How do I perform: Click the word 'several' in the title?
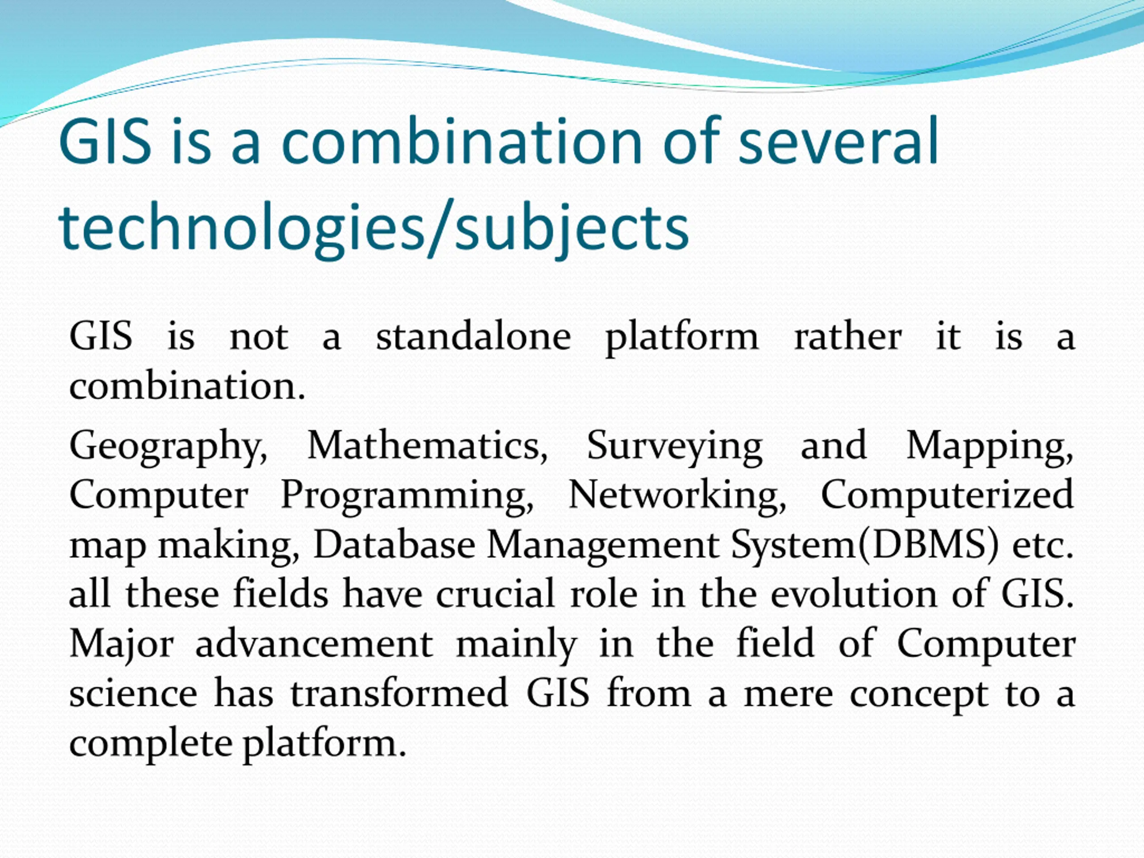click(x=838, y=140)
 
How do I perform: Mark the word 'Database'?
click(x=394, y=545)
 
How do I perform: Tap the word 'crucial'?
click(x=496, y=594)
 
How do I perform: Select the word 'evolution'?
click(x=854, y=594)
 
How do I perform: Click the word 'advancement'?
click(x=314, y=644)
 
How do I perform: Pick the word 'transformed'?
click(x=399, y=694)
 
